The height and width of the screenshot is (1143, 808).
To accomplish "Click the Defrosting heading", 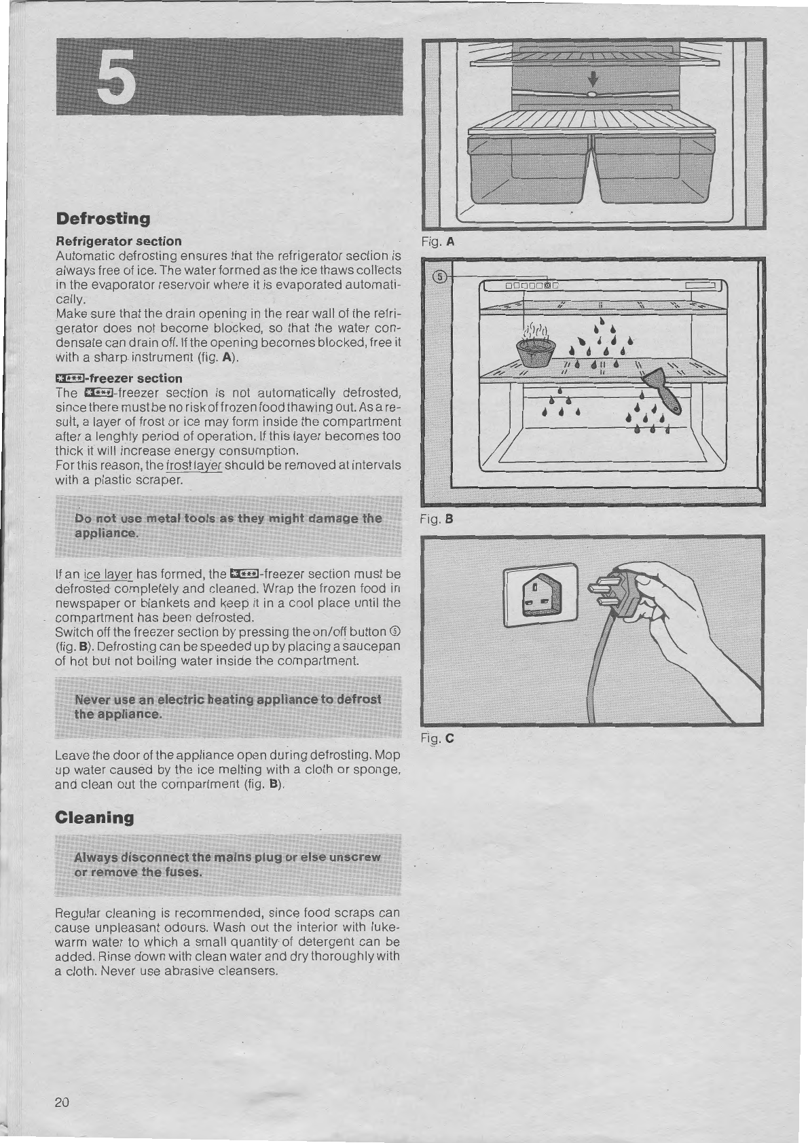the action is (x=103, y=219).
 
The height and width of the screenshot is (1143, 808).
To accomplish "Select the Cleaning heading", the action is (x=94, y=818).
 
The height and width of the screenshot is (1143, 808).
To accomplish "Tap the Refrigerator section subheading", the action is (x=118, y=241).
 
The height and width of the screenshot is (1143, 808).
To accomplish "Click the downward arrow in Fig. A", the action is (x=593, y=79).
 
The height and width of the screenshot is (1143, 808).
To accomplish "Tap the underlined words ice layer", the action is (x=108, y=575).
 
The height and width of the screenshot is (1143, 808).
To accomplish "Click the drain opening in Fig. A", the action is (x=591, y=94).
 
